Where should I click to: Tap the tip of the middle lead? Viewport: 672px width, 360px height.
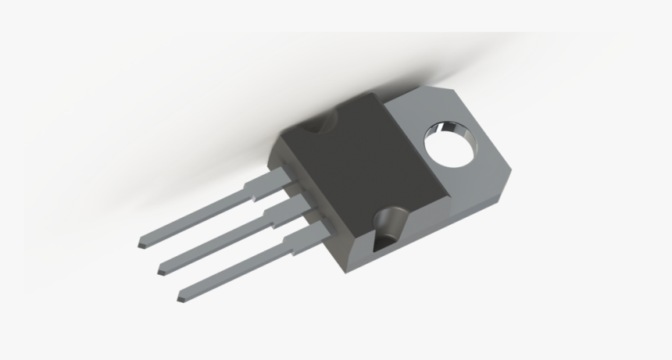159,272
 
